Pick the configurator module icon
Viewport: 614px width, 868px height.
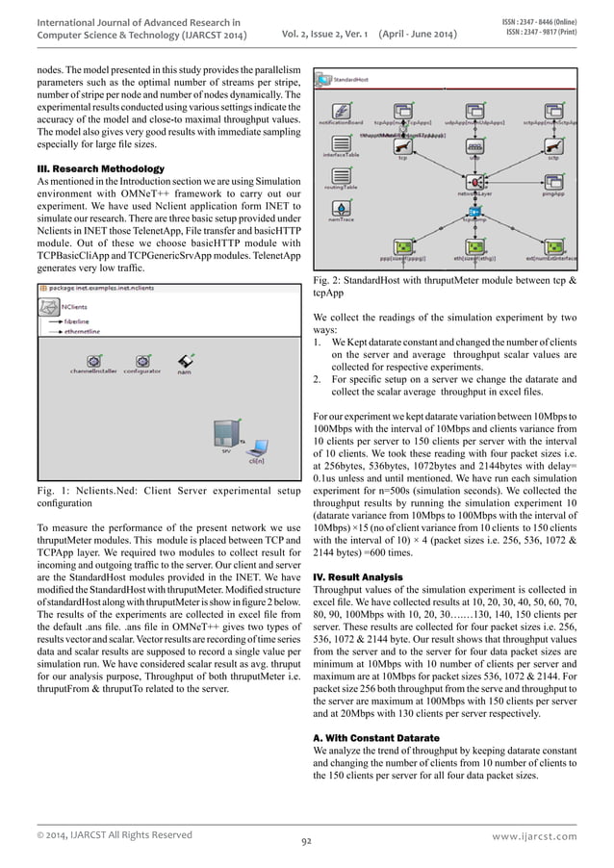141,357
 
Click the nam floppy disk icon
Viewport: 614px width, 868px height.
183,359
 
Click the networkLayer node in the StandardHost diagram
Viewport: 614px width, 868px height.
474,180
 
